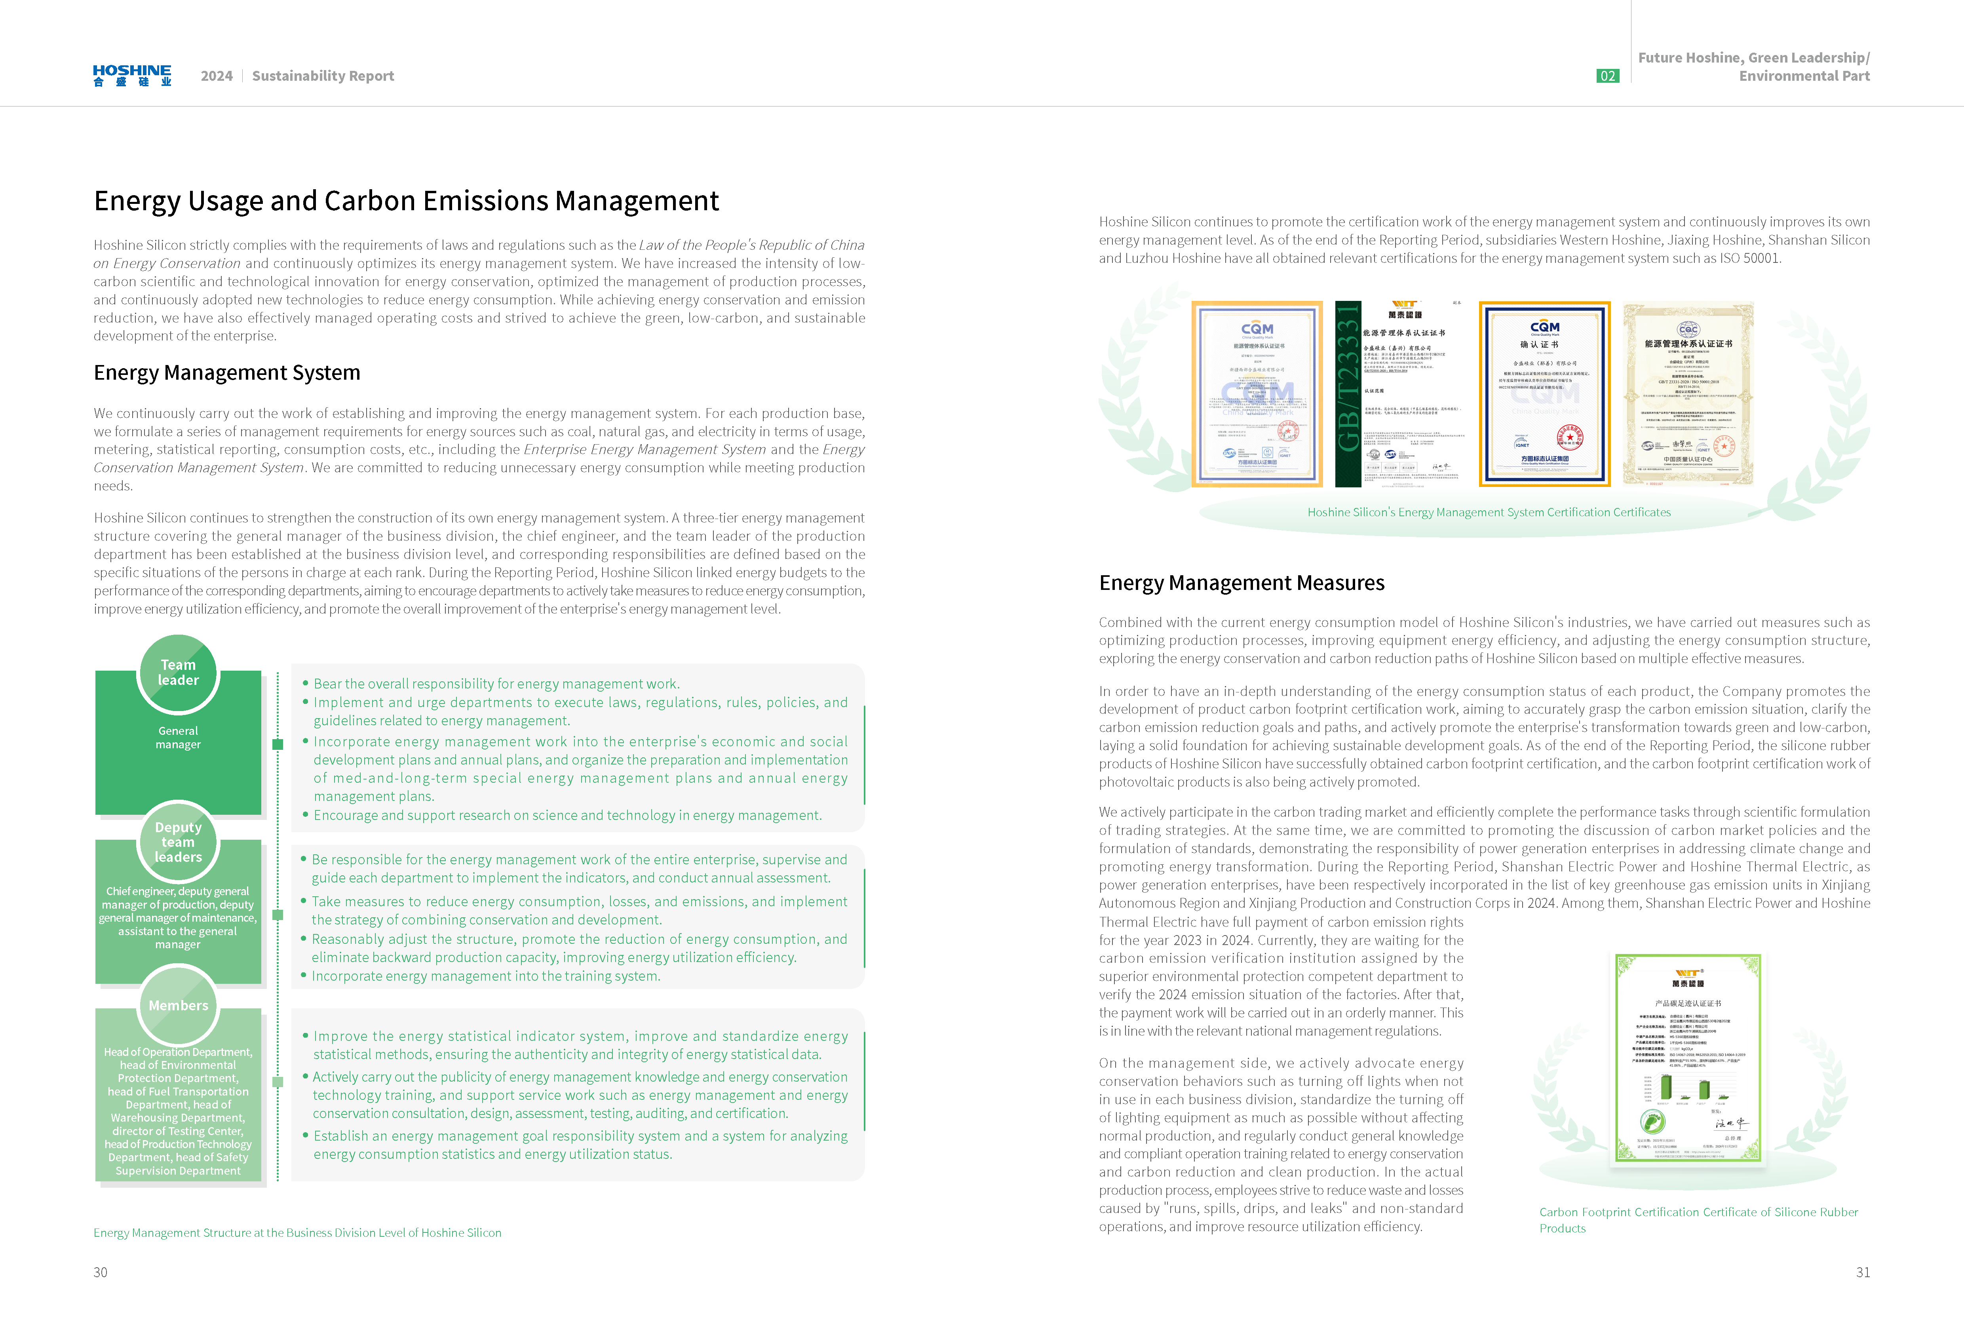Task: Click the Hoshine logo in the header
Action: pyautogui.click(x=132, y=75)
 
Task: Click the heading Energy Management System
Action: pyautogui.click(x=226, y=373)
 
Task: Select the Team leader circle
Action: pyautogui.click(x=178, y=673)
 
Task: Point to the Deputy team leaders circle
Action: pyautogui.click(x=178, y=842)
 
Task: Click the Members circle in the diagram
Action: pyautogui.click(x=178, y=1005)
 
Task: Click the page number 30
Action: pyautogui.click(x=101, y=1272)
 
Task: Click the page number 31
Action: pyautogui.click(x=1863, y=1272)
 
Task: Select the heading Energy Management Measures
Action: pyautogui.click(x=1242, y=583)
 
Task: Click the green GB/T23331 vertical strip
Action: pyautogui.click(x=1348, y=394)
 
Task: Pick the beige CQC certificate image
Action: pyautogui.click(x=1688, y=394)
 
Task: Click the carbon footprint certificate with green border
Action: pyautogui.click(x=1688, y=1059)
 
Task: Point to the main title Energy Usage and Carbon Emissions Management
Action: pyautogui.click(x=407, y=201)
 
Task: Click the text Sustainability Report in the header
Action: pyautogui.click(x=323, y=76)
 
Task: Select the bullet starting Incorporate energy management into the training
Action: pyautogui.click(x=486, y=976)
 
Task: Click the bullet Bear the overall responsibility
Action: pyautogui.click(x=496, y=684)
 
